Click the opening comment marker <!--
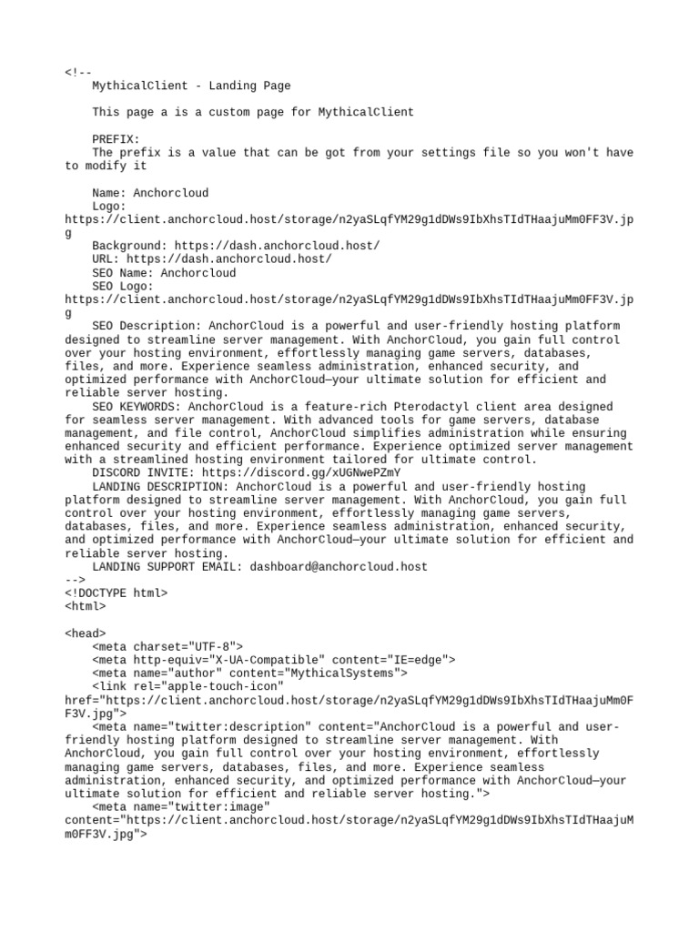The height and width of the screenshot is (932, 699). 78,73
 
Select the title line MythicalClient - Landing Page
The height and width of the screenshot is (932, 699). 191,86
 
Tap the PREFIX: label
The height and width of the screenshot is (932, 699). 116,139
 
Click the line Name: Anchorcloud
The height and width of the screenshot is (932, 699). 150,193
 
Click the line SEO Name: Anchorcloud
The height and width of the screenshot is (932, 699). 164,273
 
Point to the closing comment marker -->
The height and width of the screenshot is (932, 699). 75,580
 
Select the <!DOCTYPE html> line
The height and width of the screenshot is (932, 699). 116,593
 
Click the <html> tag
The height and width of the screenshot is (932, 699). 86,606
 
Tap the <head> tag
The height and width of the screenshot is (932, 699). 86,633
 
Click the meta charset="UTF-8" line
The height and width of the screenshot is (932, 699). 167,647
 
